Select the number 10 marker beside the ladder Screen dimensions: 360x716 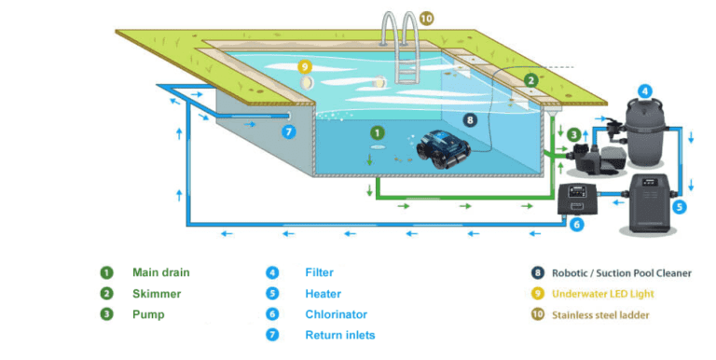click(425, 18)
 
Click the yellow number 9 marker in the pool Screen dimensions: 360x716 click(303, 66)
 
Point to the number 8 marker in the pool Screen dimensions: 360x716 click(470, 119)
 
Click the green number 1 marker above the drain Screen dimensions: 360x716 click(376, 133)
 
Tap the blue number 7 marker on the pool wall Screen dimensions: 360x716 click(289, 132)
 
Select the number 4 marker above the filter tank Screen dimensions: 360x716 click(644, 91)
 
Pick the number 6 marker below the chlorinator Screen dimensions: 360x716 click(576, 225)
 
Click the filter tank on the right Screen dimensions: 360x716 click(643, 131)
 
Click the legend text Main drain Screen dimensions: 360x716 click(160, 273)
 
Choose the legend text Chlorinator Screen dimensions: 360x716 click(336, 314)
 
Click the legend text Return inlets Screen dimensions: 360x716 click(340, 335)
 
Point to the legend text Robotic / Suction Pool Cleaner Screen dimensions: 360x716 click(620, 273)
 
